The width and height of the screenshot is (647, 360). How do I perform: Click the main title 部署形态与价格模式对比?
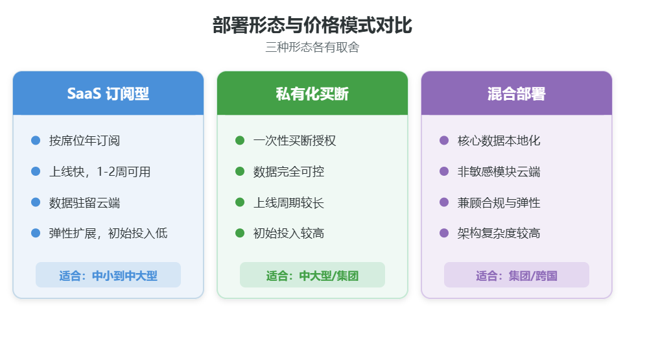click(x=312, y=25)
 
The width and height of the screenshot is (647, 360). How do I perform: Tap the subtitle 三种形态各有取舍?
click(x=312, y=47)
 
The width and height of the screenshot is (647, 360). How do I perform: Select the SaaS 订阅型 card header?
click(x=108, y=93)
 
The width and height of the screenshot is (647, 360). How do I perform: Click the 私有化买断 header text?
click(x=312, y=93)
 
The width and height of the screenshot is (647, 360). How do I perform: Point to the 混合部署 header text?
click(x=517, y=93)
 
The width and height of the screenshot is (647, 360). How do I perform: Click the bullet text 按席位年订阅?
click(x=84, y=141)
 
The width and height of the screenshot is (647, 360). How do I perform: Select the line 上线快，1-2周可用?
click(x=100, y=172)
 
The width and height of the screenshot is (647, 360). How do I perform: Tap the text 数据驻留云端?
click(x=84, y=203)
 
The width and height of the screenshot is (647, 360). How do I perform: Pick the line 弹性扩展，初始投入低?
click(x=108, y=234)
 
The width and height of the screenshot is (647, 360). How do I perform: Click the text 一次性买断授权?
click(x=294, y=141)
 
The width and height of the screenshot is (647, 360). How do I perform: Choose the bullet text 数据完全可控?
click(x=289, y=172)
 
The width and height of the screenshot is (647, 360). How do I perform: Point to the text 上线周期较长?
click(x=289, y=203)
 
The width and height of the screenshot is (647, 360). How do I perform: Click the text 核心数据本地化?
click(x=499, y=141)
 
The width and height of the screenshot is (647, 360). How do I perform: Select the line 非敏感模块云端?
click(x=499, y=172)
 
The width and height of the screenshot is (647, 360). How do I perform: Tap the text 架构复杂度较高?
click(x=499, y=234)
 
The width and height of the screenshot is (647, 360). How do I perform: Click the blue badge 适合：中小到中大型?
click(x=108, y=275)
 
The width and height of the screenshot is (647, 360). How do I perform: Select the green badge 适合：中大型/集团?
click(x=312, y=275)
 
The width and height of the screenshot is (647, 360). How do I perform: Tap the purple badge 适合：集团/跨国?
click(x=517, y=275)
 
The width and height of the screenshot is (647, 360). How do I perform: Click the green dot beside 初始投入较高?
click(x=240, y=234)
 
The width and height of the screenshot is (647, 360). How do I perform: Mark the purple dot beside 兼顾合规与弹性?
click(x=444, y=202)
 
